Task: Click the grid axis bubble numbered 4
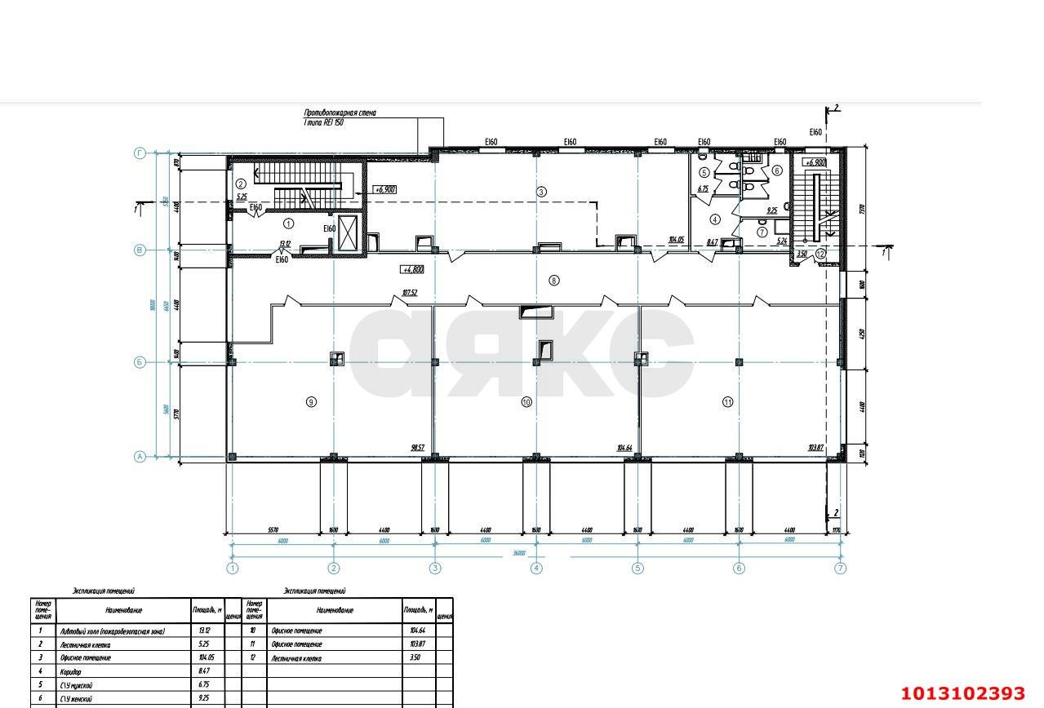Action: click(536, 569)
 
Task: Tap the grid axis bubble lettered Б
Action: click(140, 362)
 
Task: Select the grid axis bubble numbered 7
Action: click(841, 569)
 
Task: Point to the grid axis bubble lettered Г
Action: click(140, 153)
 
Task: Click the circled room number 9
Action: click(311, 401)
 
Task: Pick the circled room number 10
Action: click(526, 401)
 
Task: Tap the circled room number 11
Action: click(727, 401)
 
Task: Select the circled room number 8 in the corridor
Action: click(554, 281)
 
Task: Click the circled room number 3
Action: click(541, 192)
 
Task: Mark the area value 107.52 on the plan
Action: click(410, 293)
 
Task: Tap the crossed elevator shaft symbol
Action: click(348, 235)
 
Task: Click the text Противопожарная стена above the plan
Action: click(340, 113)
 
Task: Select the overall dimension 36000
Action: click(518, 553)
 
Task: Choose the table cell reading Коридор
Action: click(71, 671)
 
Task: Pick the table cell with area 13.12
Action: click(204, 631)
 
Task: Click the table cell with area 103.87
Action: click(416, 644)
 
